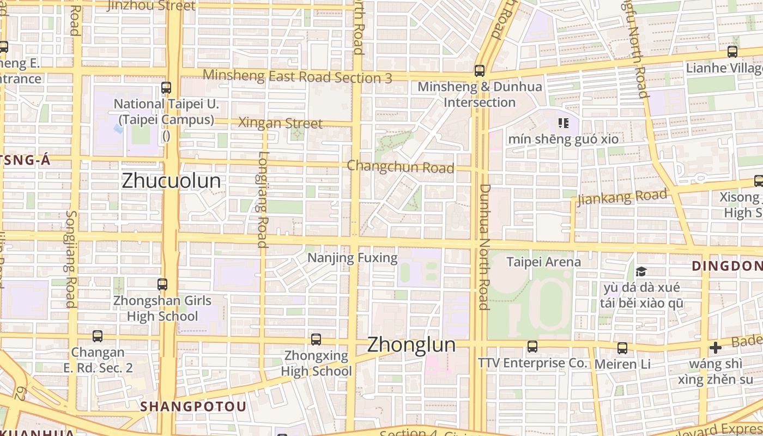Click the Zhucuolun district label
171,181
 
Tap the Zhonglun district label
411,344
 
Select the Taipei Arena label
543,262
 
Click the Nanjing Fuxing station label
353,258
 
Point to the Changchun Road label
400,167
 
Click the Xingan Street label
280,123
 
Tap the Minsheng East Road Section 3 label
297,76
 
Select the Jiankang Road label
622,197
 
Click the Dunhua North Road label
484,246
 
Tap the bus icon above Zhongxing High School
316,340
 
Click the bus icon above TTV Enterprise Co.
532,346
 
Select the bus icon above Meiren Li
622,348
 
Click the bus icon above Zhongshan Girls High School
162,284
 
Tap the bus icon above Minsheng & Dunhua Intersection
480,70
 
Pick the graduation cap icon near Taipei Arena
641,271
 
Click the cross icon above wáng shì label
716,348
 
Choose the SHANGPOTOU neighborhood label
193,407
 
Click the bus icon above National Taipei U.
166,87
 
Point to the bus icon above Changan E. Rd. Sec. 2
98,336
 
